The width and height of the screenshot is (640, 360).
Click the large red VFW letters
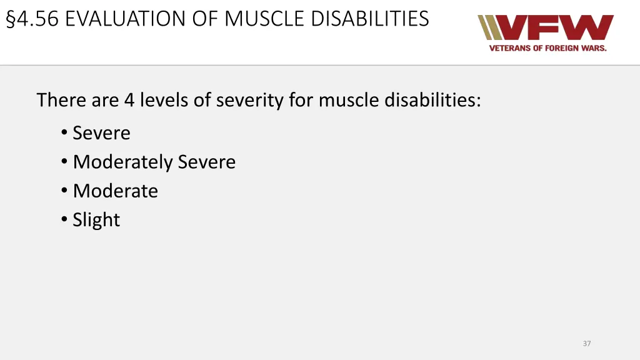pyautogui.click(x=556, y=28)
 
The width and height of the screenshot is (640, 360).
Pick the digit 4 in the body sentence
pyautogui.click(x=129, y=100)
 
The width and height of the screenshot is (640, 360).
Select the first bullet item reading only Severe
pyautogui.click(x=101, y=133)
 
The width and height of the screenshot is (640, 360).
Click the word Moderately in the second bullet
pyautogui.click(x=122, y=162)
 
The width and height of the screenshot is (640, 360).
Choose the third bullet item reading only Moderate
pyautogui.click(x=115, y=191)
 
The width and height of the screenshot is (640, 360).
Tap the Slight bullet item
pyautogui.click(x=96, y=220)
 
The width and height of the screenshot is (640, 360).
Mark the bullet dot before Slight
pyautogui.click(x=65, y=220)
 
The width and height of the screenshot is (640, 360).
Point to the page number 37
pyautogui.click(x=586, y=343)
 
